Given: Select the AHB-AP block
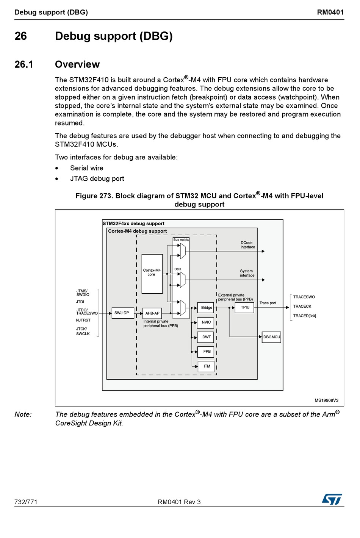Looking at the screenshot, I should coord(152,313).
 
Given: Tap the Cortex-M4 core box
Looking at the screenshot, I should coord(152,274).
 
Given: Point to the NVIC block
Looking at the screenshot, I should coord(206,322).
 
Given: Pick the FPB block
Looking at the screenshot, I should coord(206,352).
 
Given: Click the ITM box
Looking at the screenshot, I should coord(206,366).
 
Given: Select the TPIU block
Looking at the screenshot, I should coord(245,307).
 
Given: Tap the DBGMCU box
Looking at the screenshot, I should coord(271,337).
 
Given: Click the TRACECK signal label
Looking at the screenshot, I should coord(302,307).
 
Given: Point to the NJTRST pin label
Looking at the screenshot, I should coord(83,320).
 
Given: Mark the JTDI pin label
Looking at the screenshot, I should coord(80,302).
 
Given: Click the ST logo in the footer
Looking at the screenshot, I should coord(332,499).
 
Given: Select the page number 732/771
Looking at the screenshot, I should coord(26,502).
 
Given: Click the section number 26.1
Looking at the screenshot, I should coord(24,64).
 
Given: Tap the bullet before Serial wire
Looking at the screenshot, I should coord(57,168).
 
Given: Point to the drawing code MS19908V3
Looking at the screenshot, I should coord(326,400).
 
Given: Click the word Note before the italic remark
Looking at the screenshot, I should coord(23,414).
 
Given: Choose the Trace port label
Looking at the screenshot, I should coord(268,303).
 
